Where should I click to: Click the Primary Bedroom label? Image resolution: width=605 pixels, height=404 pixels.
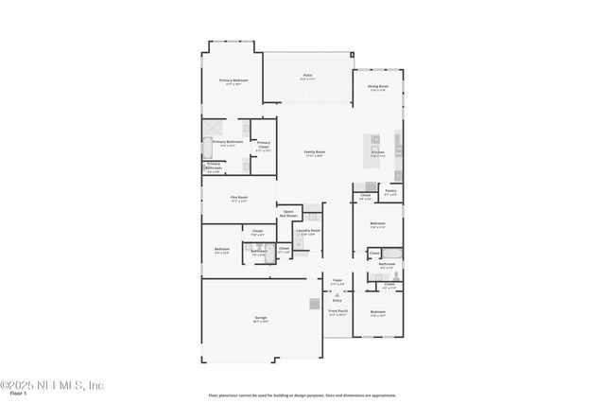(233, 80)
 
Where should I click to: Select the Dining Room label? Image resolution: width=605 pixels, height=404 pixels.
(378, 86)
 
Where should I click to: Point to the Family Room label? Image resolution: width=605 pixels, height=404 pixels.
(314, 152)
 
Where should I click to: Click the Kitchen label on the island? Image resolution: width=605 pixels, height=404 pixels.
(377, 152)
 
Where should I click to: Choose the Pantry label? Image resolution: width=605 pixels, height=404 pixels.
(390, 190)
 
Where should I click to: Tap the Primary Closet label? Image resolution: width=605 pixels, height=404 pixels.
(264, 145)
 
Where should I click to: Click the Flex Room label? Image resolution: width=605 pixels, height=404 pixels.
(238, 198)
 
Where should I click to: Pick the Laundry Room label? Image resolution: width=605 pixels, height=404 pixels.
(308, 231)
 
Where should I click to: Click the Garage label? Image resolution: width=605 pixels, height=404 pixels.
(260, 318)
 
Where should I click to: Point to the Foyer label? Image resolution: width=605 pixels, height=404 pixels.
(337, 280)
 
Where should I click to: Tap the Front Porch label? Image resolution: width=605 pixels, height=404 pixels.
(337, 311)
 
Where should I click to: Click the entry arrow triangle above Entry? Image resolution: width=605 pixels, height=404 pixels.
(337, 294)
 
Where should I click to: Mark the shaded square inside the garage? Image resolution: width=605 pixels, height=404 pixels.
(315, 305)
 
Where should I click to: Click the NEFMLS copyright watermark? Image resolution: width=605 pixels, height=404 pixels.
(52, 385)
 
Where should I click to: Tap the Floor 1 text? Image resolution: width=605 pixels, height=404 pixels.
(11, 395)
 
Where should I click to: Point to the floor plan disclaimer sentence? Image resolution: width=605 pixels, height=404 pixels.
(302, 395)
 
